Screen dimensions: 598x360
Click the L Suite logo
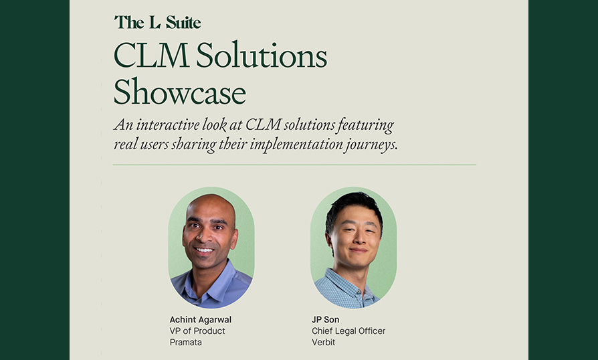click(x=157, y=23)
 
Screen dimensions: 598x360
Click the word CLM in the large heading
click(x=151, y=56)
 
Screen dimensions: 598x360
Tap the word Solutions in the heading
click(x=262, y=56)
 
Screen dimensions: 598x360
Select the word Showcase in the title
click(x=180, y=91)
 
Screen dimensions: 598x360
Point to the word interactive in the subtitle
click(x=167, y=124)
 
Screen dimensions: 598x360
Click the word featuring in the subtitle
click(x=365, y=126)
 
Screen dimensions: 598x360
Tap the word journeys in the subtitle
click(x=369, y=146)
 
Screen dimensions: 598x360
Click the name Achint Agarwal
click(x=200, y=320)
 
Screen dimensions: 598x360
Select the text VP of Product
click(x=197, y=331)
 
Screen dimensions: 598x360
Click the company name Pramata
click(x=186, y=342)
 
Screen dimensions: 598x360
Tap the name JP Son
click(x=325, y=320)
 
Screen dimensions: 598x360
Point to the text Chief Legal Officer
click(x=348, y=331)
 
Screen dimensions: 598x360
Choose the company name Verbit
click(x=323, y=342)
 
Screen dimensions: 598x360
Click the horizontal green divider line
click(x=294, y=165)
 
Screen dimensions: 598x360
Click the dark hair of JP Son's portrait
click(x=353, y=206)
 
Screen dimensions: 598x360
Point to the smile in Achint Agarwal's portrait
click(x=204, y=250)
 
